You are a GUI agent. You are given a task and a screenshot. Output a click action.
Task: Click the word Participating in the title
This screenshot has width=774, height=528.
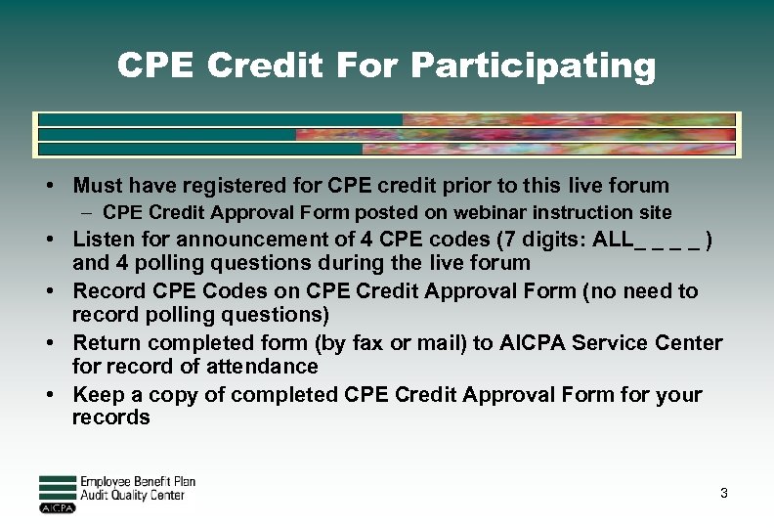coord(534,66)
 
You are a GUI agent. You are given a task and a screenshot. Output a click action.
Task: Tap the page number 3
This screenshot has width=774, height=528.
coord(724,493)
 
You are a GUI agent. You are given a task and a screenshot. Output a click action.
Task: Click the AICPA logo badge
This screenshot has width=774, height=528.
coord(57,508)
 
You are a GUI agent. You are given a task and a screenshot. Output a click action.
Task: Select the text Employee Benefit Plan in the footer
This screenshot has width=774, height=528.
coord(138,482)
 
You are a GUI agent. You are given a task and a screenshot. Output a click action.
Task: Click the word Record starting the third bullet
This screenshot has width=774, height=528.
coord(107,291)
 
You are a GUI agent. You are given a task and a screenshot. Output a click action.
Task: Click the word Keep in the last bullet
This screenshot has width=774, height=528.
coord(98,395)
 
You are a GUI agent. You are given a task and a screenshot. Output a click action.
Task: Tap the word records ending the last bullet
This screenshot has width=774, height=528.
coord(111,418)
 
